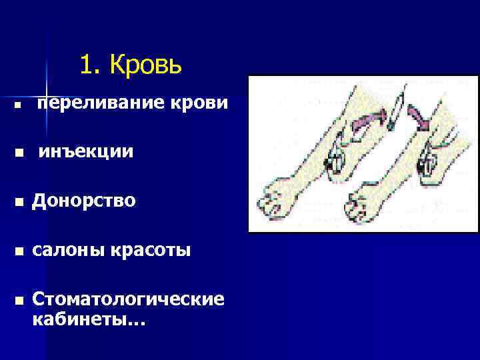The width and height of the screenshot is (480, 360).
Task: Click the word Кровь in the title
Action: [x=146, y=66]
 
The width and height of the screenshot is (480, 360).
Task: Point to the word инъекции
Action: [x=85, y=153]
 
